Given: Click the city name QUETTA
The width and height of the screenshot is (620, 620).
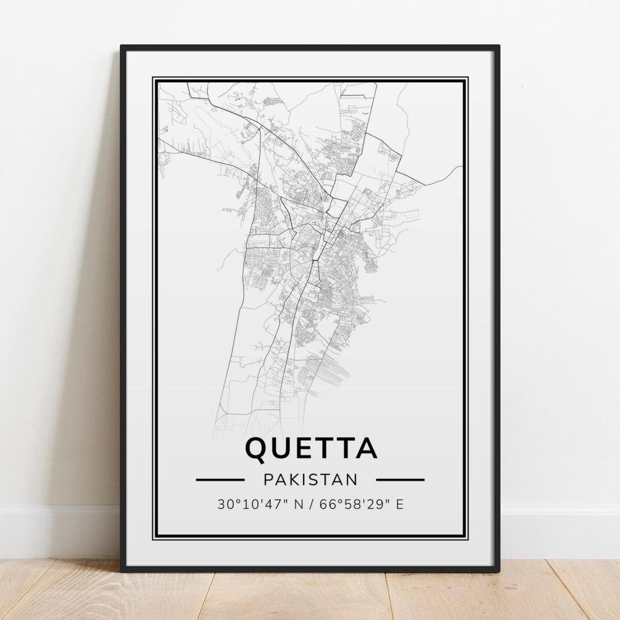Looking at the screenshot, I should pos(311,449).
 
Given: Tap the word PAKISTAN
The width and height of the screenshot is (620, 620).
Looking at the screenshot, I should pos(311,479).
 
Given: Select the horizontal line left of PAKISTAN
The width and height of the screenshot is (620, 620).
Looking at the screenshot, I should pos(220,479).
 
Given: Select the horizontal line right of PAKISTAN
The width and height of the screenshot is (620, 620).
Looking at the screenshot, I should pos(400,479).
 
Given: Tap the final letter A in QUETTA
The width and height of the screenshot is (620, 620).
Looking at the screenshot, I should pos(366,449).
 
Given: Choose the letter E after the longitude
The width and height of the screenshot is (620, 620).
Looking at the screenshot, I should pos(400,505).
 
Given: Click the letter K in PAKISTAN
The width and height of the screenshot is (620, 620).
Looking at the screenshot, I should pos(295,479).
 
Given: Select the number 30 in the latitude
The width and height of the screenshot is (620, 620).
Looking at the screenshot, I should pos(224,505).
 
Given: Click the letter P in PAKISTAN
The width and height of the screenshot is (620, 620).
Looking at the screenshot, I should pos(269,479).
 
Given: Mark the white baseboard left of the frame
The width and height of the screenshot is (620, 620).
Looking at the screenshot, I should pos(57,531).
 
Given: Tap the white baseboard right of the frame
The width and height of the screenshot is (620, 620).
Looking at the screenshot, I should pos(560,531).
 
